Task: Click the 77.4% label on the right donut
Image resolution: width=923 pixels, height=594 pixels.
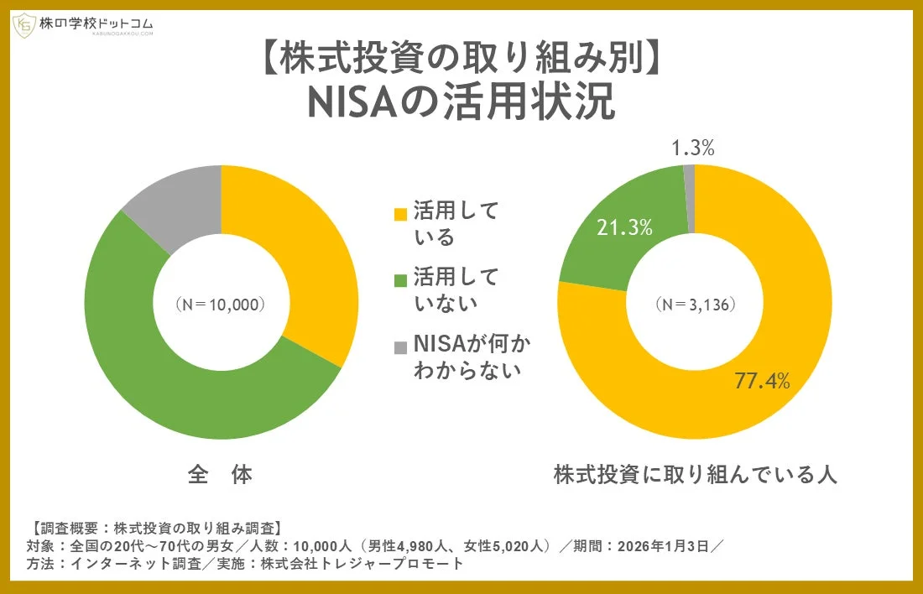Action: point(763,381)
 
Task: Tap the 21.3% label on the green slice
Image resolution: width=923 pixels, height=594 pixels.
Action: point(624,227)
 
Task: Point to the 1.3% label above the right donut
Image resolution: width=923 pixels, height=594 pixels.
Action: point(693,148)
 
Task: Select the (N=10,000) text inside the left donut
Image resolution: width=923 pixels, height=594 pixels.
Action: point(221,304)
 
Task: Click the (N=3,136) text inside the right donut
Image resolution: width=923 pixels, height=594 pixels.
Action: point(696,304)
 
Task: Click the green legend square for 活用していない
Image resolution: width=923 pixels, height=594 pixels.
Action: point(400,279)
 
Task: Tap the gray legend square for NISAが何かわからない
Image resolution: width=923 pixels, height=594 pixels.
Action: point(400,346)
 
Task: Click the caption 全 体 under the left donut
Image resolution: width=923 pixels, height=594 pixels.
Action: point(220,475)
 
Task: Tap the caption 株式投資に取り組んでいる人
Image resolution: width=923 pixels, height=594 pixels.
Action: point(696,475)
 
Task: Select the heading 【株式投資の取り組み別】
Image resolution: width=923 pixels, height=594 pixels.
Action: point(461,58)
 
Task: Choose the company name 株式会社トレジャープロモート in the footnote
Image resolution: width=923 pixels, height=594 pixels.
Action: point(362,564)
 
